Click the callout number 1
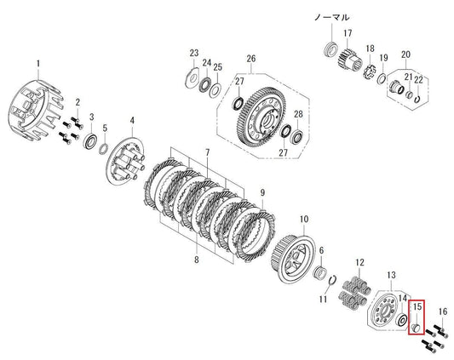point(38,64)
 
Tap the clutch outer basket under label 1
point(35,111)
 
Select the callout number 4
point(132,120)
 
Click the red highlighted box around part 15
point(417,317)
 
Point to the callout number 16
point(443,311)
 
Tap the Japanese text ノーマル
point(332,17)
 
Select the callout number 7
point(207,152)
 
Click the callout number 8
point(196,260)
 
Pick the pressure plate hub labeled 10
point(292,259)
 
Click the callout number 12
point(359,263)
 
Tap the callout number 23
point(194,53)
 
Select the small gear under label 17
point(350,59)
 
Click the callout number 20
point(405,54)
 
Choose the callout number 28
point(298,114)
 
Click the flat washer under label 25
point(216,90)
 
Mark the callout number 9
point(262,192)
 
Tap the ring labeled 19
point(382,78)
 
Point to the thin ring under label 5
point(104,149)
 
